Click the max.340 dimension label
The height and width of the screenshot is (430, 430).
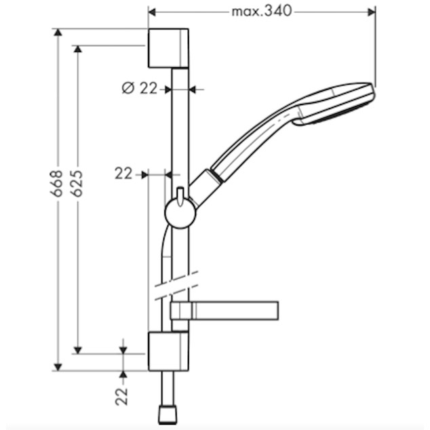tap(261, 12)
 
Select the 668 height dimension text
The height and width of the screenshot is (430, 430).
tap(56, 183)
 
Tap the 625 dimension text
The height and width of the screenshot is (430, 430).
tap(77, 183)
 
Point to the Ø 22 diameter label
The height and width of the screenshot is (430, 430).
tap(140, 88)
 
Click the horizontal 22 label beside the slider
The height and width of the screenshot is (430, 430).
tap(123, 174)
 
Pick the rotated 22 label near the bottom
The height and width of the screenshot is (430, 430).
tap(122, 396)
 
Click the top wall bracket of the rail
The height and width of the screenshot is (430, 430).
tap(168, 48)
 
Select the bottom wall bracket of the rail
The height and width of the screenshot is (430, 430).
tap(168, 351)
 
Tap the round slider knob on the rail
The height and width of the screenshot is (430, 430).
tap(180, 214)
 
